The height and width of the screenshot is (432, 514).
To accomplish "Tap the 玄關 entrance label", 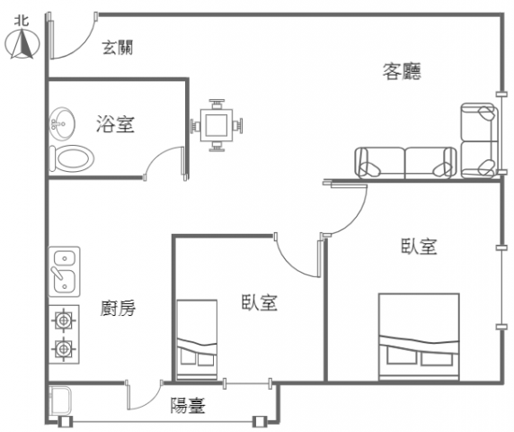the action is click(118, 48).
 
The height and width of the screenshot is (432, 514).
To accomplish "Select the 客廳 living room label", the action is click(402, 71).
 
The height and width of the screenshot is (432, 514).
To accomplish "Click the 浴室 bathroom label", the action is click(115, 124).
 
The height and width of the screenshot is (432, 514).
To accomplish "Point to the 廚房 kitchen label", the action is click(118, 308).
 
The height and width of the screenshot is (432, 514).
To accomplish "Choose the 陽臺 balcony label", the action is click(188, 405).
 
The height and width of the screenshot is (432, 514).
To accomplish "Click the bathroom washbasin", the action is click(62, 123).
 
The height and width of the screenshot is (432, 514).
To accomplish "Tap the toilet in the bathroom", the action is click(72, 158).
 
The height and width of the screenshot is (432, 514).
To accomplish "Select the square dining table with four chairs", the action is click(217, 125).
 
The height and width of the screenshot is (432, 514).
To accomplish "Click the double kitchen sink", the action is click(65, 272).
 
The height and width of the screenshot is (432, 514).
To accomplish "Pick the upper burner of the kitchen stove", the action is click(64, 319).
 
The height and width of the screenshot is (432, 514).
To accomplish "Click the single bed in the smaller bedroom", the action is click(197, 340).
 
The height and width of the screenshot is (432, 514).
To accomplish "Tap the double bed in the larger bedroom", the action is click(419, 337).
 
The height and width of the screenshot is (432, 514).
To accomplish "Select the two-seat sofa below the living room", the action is click(405, 163).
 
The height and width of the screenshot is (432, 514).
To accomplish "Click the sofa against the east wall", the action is click(479, 140).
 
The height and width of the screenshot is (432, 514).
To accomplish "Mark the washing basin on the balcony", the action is click(60, 400).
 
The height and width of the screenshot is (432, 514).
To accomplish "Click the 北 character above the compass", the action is click(22, 21).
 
